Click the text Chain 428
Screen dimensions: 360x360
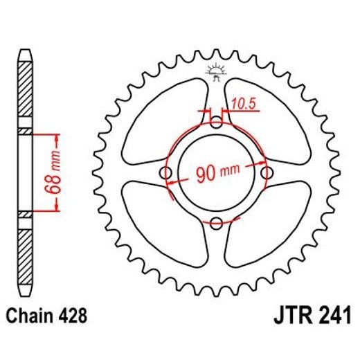tap(48, 318)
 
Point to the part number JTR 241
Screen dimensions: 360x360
tap(309, 318)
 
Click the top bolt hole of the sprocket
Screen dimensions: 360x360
tap(217, 123)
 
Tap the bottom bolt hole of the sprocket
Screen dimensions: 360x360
tap(217, 222)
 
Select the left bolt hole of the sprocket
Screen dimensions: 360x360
tap(167, 173)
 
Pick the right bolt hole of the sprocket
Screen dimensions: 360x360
tap(267, 173)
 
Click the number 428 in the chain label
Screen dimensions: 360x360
tap(74, 318)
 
